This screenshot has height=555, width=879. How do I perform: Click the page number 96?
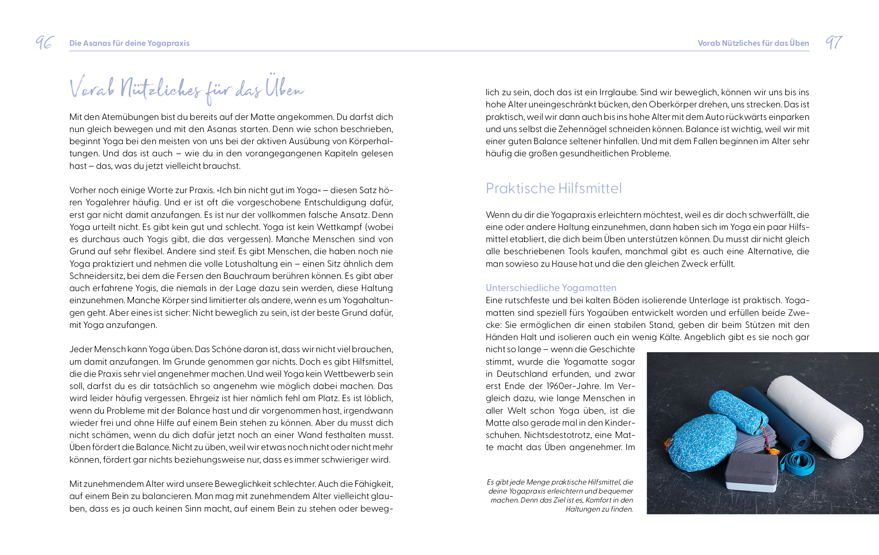(x=45, y=42)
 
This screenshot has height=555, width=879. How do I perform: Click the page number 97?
(x=834, y=42)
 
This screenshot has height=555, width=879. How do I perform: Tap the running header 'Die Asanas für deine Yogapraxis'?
(x=129, y=43)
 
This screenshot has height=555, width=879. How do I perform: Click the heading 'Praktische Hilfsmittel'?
(x=553, y=189)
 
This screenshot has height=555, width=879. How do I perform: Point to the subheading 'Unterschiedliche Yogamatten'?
(x=551, y=288)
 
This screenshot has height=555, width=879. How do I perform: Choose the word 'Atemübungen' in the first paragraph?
(x=126, y=117)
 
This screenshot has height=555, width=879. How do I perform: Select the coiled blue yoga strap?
(x=797, y=463)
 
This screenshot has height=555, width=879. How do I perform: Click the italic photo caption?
(x=560, y=495)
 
